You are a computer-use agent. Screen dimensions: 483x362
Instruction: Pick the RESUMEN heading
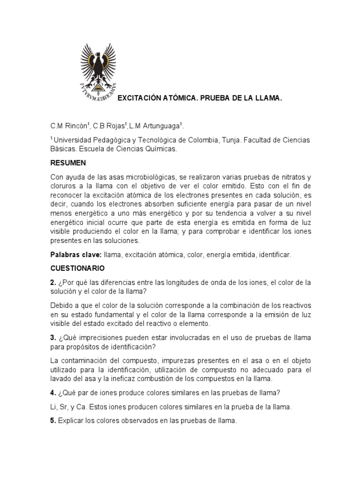(68, 163)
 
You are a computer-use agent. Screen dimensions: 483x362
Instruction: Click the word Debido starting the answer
(63, 306)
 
